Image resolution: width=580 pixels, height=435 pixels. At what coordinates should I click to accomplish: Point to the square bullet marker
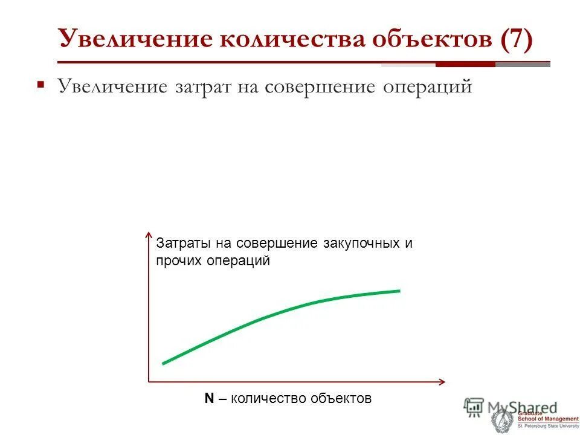point(40,85)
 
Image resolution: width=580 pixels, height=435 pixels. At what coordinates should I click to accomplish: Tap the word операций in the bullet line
point(427,86)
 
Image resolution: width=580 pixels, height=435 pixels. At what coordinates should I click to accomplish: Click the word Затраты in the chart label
point(180,243)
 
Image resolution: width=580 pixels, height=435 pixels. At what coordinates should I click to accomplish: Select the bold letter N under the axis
point(209,398)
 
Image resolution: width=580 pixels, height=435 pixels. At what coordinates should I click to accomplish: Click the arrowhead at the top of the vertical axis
point(149,234)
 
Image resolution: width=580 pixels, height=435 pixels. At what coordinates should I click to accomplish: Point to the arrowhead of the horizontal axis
point(442,381)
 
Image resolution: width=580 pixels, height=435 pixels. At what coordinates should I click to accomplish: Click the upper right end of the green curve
point(399,291)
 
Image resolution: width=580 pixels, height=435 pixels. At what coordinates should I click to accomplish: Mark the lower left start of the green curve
point(164,363)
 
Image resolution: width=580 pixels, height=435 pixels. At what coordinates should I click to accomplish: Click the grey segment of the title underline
point(523,64)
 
